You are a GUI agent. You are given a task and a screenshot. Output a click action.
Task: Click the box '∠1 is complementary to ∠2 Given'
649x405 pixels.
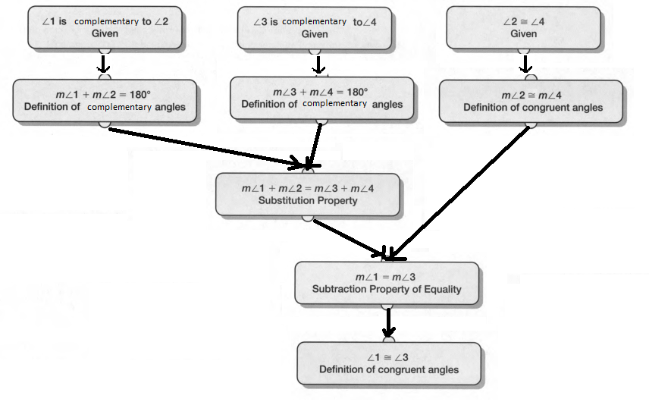click(105, 27)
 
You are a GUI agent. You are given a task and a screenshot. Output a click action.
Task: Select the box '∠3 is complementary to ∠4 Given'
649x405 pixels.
click(315, 27)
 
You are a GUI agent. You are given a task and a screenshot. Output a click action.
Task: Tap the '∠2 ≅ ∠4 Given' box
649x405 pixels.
click(524, 27)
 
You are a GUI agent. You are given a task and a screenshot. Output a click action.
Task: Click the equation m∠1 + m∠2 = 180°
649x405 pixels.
click(104, 94)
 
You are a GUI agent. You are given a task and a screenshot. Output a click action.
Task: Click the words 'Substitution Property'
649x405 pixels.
click(308, 201)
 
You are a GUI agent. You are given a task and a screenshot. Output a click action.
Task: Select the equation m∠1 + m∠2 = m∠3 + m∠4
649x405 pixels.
click(308, 188)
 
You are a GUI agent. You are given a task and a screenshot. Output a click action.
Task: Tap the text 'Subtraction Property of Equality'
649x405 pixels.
click(387, 289)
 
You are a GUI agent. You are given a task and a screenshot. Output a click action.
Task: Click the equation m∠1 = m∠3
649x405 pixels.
click(387, 277)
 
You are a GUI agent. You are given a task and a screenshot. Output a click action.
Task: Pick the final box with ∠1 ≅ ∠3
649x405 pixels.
click(388, 363)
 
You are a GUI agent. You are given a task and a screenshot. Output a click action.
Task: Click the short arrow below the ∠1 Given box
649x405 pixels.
click(105, 64)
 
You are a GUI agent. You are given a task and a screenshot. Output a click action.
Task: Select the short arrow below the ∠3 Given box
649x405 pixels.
click(319, 64)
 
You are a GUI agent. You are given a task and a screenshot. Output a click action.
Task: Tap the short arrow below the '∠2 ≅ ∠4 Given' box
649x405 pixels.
click(524, 64)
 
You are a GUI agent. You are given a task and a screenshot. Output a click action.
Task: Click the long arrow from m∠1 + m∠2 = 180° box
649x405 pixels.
click(205, 146)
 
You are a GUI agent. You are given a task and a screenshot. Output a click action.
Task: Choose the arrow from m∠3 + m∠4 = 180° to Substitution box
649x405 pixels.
click(315, 144)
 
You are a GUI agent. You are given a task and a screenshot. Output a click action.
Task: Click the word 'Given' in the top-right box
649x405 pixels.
click(524, 34)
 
